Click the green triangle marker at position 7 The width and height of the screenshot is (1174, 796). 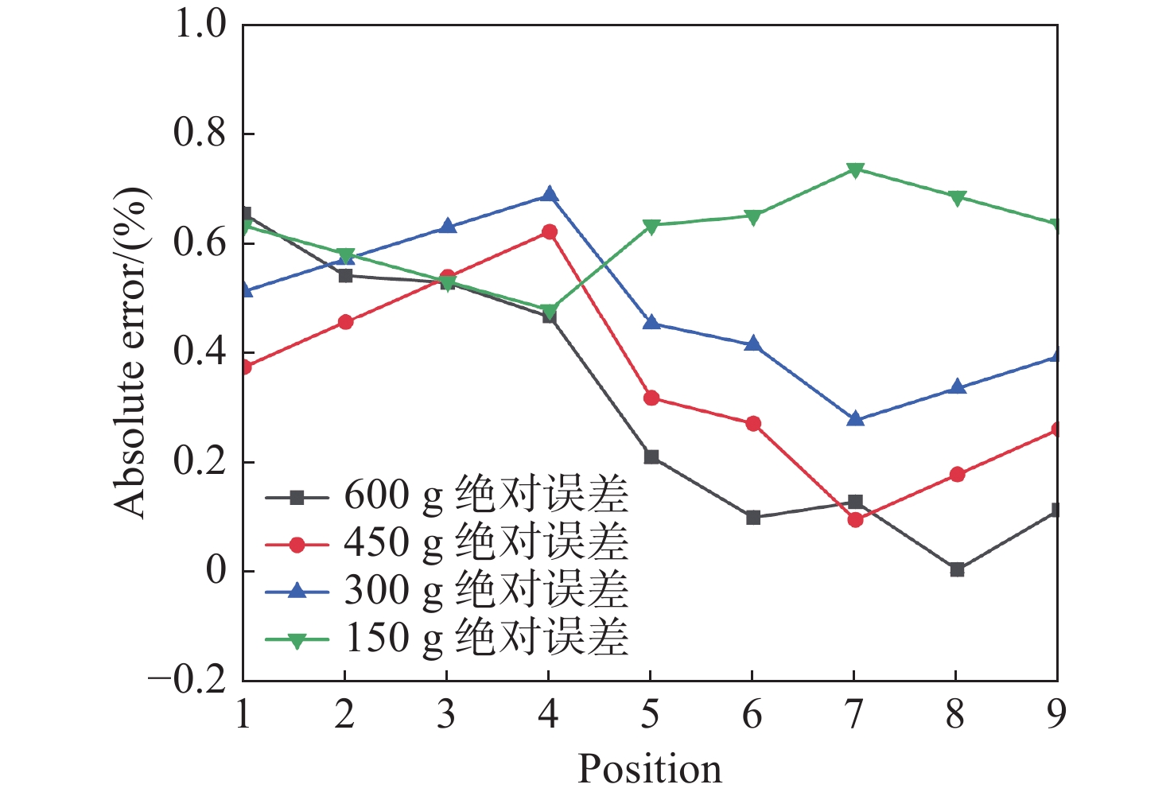855,169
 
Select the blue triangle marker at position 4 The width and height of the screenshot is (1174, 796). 549,195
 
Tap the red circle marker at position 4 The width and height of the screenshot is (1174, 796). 549,232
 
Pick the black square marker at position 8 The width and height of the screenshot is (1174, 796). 957,569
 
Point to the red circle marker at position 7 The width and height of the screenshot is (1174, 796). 855,520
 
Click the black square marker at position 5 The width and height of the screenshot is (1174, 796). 651,456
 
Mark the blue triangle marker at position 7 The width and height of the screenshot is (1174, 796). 855,419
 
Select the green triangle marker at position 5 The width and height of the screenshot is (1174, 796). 651,226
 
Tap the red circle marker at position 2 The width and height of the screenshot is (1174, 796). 345,322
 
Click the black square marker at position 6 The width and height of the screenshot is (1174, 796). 753,518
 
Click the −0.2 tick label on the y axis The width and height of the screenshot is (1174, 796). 188,681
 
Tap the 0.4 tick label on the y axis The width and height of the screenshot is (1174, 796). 200,352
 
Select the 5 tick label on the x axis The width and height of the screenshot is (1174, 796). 651,715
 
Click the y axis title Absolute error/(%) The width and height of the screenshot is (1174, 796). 130,353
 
